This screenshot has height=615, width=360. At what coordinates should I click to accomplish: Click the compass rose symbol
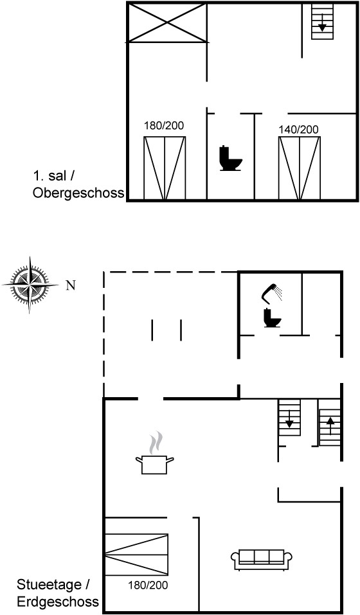(x=30, y=285)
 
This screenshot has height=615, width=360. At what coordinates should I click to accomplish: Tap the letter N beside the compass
(x=71, y=285)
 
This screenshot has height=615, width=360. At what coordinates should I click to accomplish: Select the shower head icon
(x=272, y=294)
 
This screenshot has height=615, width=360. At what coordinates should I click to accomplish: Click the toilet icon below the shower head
(x=273, y=317)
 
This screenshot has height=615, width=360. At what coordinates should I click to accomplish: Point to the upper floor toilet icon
(x=230, y=159)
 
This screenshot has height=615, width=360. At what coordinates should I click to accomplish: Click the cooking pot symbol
(x=154, y=465)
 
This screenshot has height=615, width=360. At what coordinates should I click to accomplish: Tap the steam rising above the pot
(x=156, y=442)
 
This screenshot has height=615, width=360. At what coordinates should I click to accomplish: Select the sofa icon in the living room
(x=262, y=559)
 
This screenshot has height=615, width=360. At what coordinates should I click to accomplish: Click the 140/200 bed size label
(x=298, y=129)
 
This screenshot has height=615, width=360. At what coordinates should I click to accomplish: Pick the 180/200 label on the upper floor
(x=164, y=126)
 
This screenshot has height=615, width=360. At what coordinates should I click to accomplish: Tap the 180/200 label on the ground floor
(x=148, y=585)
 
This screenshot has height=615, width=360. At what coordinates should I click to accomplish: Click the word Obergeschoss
(x=78, y=193)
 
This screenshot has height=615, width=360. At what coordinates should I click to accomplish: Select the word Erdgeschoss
(x=58, y=602)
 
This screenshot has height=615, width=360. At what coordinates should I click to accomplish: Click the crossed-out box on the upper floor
(x=167, y=22)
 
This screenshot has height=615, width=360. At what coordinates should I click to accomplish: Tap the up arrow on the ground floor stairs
(x=330, y=425)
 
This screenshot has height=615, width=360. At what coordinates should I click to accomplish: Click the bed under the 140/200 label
(x=299, y=168)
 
